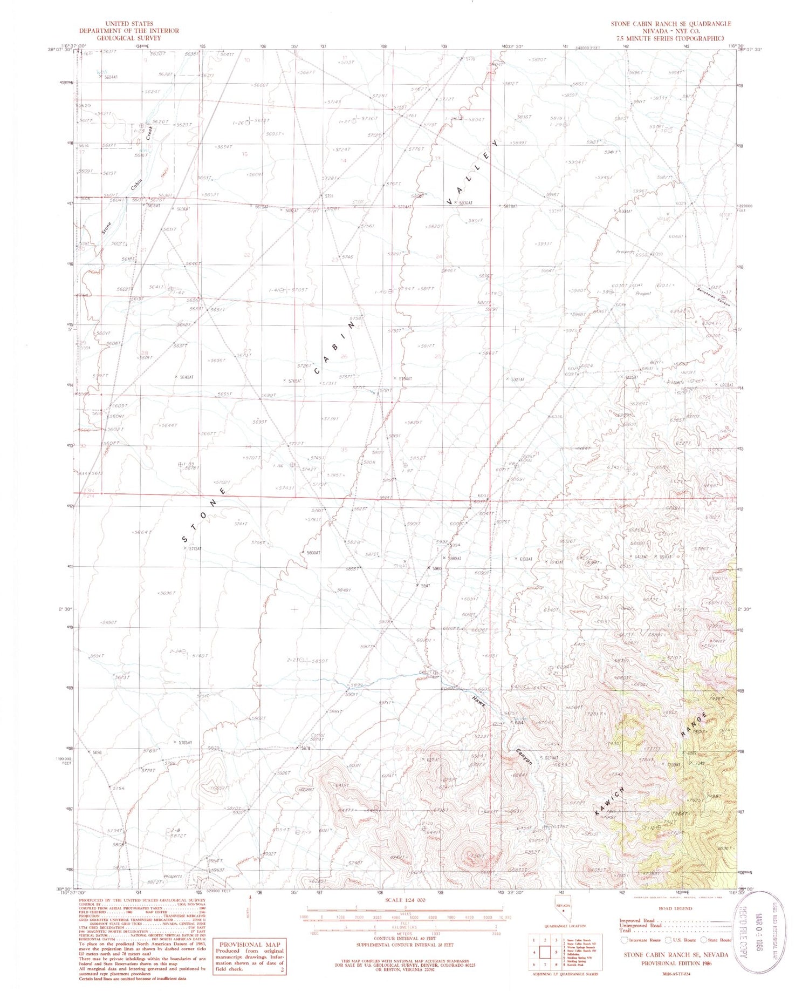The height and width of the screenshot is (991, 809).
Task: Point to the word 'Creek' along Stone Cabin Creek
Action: [x=149, y=133]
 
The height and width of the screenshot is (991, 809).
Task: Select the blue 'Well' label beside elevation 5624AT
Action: [x=101, y=71]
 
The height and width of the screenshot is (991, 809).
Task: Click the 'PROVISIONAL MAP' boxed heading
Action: [x=248, y=945]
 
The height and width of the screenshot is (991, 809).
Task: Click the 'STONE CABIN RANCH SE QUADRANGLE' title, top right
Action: [x=670, y=24]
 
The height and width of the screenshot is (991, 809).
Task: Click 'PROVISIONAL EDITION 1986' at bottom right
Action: [x=676, y=962]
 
